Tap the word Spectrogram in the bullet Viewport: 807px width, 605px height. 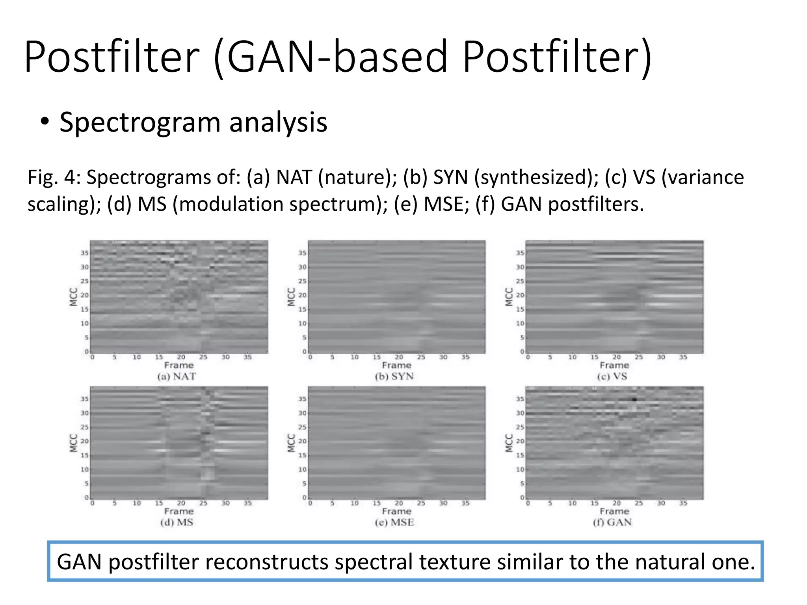tap(140, 123)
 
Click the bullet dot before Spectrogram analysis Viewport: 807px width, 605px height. tap(45, 121)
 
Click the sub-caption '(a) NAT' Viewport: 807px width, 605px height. tap(177, 377)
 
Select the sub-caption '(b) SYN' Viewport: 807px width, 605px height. tap(394, 377)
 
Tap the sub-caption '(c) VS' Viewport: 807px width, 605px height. tap(612, 377)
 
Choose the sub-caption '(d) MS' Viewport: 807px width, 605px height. tap(177, 523)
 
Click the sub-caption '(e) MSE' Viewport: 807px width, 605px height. tap(394, 523)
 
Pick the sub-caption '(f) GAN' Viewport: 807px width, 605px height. tap(612, 523)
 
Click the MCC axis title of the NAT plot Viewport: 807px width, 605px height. tap(73, 297)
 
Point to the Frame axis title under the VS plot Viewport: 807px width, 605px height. tap(614, 366)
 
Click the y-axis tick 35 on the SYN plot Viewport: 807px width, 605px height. tap(302, 253)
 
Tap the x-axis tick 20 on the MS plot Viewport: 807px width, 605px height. tap(181, 503)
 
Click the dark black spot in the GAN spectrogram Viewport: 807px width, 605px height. tap(634, 399)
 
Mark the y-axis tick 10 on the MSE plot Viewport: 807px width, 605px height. tap(302, 470)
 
